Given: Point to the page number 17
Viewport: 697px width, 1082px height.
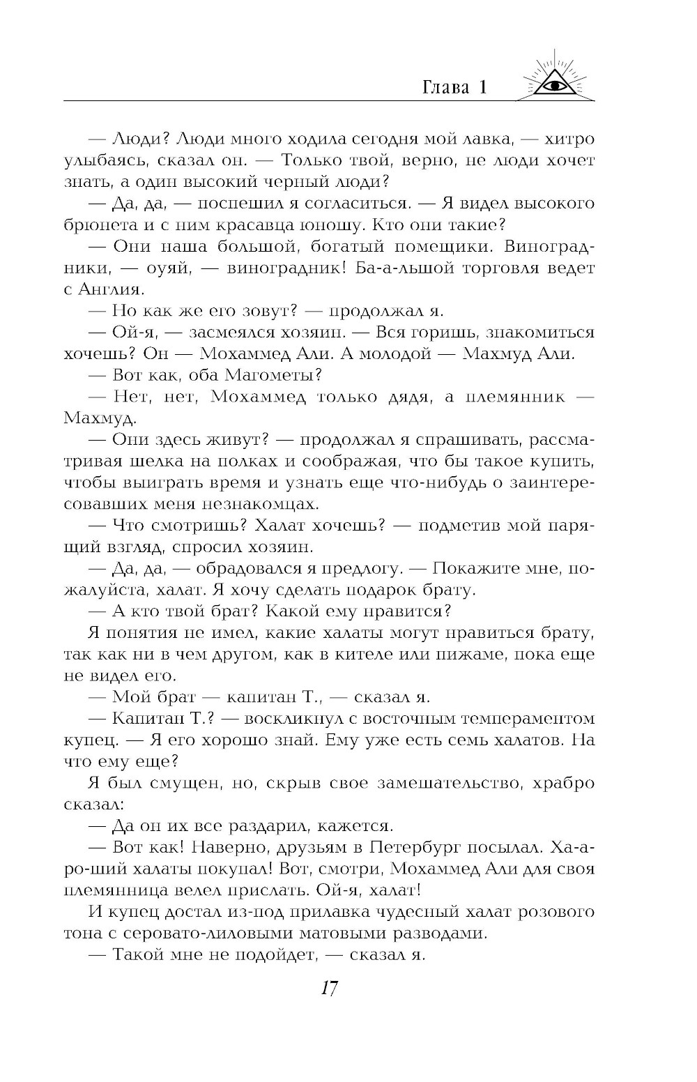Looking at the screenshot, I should point(329,988).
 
